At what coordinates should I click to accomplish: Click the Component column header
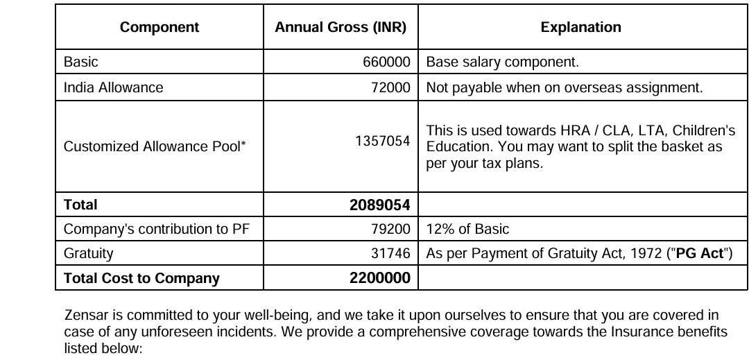click(159, 28)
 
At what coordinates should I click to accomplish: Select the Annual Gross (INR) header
click(341, 28)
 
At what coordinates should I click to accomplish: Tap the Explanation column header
click(580, 28)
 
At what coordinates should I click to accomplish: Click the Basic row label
click(81, 62)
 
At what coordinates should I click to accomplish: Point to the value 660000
click(386, 62)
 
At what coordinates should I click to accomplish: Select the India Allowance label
click(113, 87)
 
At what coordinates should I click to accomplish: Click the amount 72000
click(391, 87)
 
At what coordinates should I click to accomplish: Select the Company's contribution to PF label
click(151, 229)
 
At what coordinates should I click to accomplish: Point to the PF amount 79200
click(391, 229)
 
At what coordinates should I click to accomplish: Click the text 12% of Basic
click(467, 229)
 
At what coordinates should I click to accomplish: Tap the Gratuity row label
click(88, 254)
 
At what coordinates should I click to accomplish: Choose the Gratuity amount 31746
click(391, 254)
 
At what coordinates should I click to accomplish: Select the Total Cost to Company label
click(141, 278)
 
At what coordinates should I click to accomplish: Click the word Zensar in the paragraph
click(85, 316)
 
